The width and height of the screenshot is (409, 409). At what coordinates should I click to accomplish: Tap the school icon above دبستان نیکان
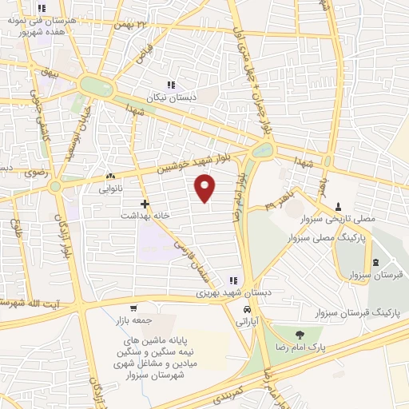(x=170, y=84)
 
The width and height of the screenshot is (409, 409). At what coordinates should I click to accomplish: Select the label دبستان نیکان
(x=170, y=95)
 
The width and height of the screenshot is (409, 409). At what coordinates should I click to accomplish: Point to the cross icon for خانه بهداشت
(x=145, y=204)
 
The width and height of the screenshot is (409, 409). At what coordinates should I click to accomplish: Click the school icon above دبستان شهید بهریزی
(x=234, y=280)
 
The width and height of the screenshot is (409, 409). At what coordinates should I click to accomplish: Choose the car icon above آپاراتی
(x=248, y=308)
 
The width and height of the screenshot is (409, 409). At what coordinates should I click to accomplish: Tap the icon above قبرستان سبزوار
(x=375, y=263)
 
